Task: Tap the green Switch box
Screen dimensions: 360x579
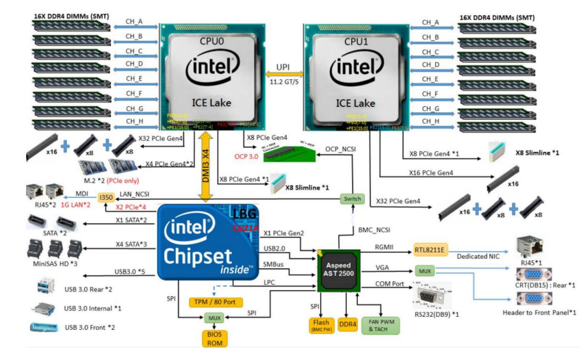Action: pos(352,198)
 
